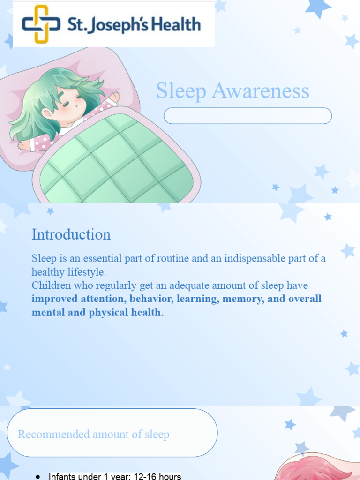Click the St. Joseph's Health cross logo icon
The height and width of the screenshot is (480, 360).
[41, 24]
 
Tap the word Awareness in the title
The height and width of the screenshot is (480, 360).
[260, 91]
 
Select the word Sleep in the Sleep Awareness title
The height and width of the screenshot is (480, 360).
[181, 91]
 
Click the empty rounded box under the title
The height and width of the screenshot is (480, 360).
[247, 116]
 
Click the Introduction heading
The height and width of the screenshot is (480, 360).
[71, 234]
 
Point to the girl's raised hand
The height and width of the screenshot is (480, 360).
[114, 97]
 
